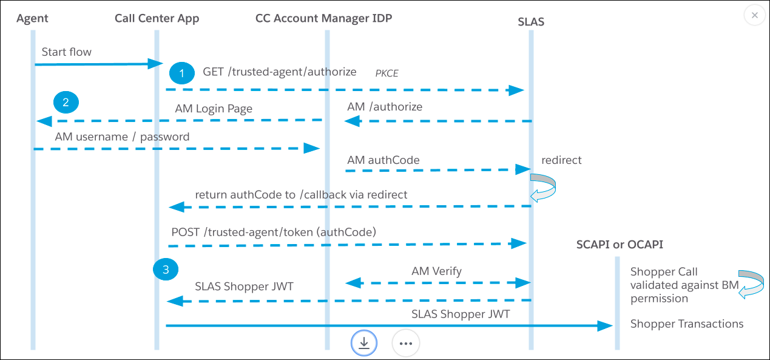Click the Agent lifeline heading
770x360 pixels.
tap(33, 18)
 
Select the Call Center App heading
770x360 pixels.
tap(157, 18)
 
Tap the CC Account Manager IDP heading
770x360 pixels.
tap(324, 18)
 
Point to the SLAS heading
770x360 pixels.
tap(531, 22)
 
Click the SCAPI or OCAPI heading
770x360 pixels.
tap(620, 245)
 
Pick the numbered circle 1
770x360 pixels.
tap(180, 72)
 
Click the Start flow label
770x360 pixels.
tap(67, 52)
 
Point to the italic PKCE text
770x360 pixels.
tap(387, 73)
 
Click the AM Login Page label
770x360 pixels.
tap(214, 109)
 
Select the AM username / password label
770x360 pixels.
tap(122, 137)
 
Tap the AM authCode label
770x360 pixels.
tap(383, 160)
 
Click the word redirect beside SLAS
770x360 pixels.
tap(561, 160)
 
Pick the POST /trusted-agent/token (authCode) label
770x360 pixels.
tap(274, 231)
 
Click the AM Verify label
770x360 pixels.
tap(436, 271)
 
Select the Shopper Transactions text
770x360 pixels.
tap(687, 324)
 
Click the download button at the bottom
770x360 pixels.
tap(364, 343)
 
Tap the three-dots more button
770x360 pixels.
tap(406, 343)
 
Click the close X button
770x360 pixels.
tap(754, 15)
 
